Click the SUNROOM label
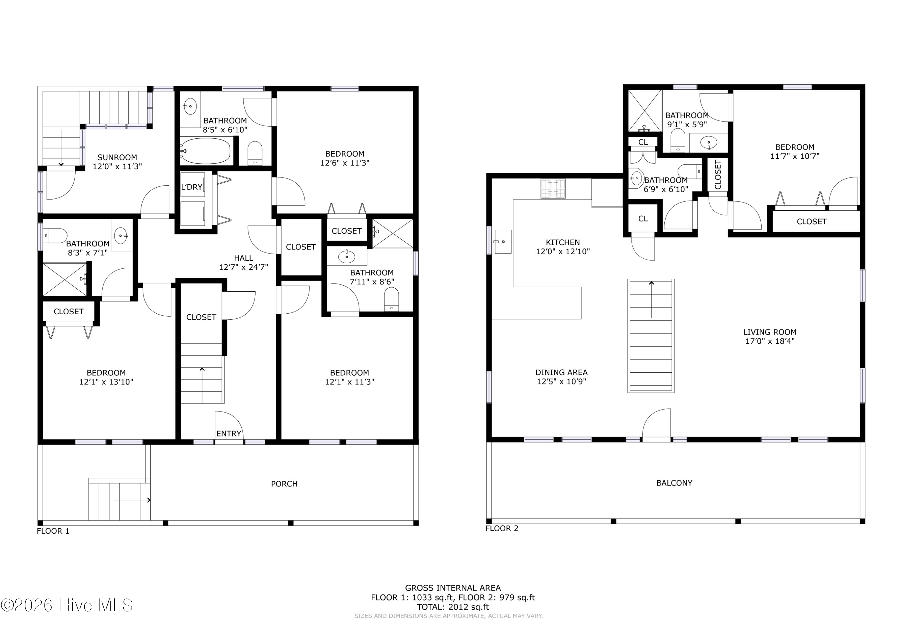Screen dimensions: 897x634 point(117,158)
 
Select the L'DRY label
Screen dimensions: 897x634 point(191,187)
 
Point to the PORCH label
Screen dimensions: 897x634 point(284,484)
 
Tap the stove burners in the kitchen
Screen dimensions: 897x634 point(553,189)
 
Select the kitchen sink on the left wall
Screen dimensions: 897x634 point(503,242)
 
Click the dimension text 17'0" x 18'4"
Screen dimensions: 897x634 point(770,341)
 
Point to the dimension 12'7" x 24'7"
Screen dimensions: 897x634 point(243,267)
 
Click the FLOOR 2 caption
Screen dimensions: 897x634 point(502,529)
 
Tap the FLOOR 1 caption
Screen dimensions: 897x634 point(53,531)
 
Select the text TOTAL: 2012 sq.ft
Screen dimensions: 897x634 point(453,607)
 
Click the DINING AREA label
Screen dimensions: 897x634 point(562,373)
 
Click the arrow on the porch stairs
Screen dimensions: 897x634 point(132,500)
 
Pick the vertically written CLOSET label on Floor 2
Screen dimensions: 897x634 point(718,175)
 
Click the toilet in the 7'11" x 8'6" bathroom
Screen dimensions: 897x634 point(391,299)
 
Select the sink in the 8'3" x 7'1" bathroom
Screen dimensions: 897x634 point(121,236)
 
